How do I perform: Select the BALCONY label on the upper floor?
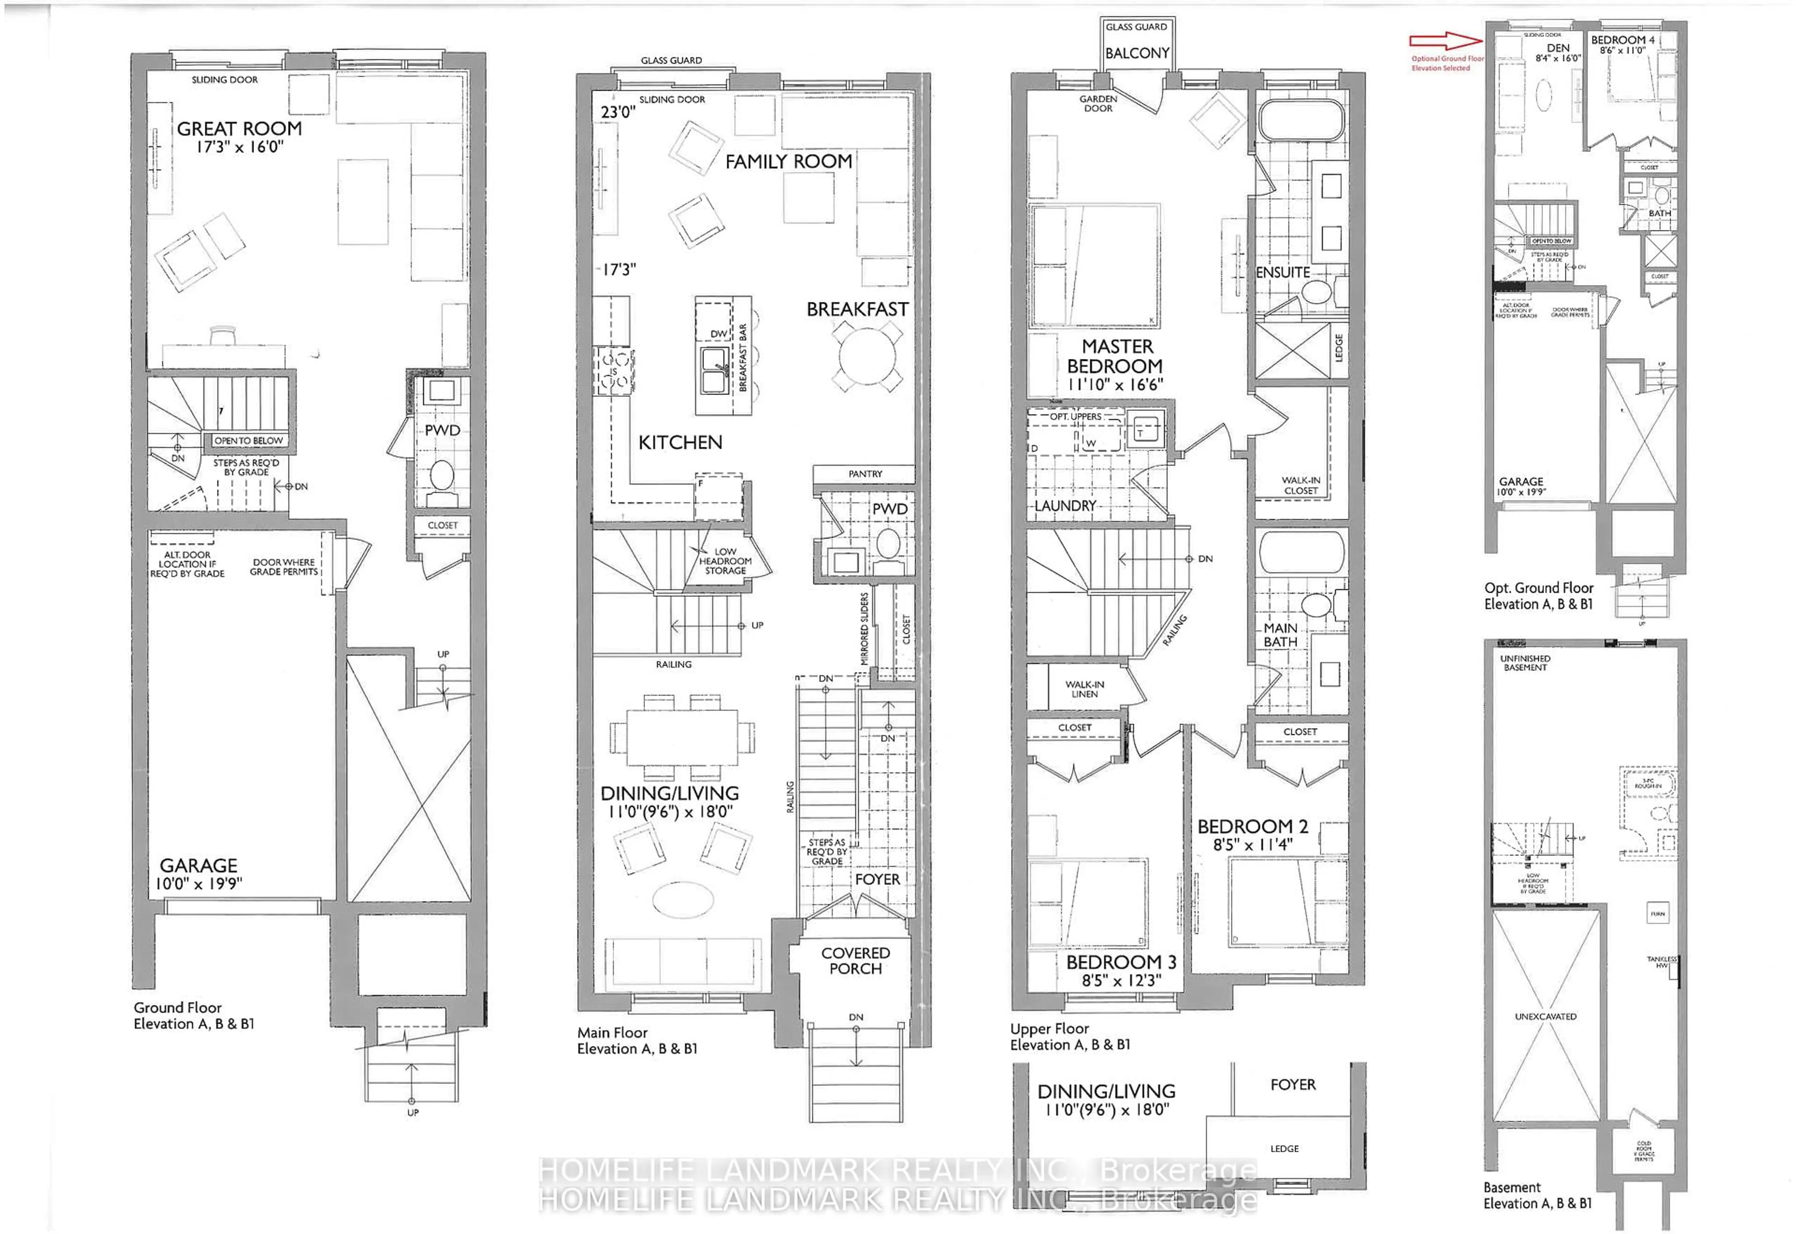[x=1136, y=53]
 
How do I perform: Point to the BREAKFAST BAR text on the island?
[x=743, y=357]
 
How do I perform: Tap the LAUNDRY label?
[x=1065, y=506]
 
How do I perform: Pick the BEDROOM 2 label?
[x=1252, y=826]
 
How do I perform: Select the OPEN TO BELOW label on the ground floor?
[x=248, y=441]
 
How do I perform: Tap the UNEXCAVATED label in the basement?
[x=1545, y=1017]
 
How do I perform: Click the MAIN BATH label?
[x=1280, y=635]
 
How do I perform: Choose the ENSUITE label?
[x=1282, y=272]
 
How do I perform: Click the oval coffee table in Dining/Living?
[x=683, y=899]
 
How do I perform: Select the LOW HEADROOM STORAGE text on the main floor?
[x=725, y=561]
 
